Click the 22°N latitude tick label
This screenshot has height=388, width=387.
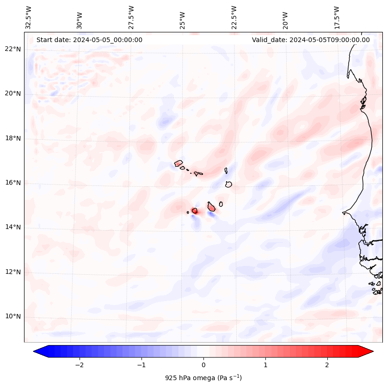click(x=12, y=49)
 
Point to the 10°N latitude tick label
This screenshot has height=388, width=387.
click(x=12, y=316)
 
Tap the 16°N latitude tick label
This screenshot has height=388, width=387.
click(x=12, y=183)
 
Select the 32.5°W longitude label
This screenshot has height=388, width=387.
click(x=29, y=18)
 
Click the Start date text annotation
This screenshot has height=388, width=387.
click(x=89, y=40)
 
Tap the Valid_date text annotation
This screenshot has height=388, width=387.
click(x=311, y=40)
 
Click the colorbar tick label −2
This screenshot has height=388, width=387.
click(x=79, y=365)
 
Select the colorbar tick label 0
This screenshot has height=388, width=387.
click(x=203, y=365)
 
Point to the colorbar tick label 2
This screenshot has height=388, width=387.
click(x=327, y=365)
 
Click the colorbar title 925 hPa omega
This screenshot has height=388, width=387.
click(x=203, y=378)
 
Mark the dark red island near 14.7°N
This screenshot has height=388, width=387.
click(x=195, y=211)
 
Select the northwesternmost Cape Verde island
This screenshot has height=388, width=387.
click(x=178, y=163)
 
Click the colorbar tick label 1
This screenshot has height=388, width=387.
click(x=265, y=365)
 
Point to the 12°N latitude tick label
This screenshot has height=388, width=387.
click(x=12, y=272)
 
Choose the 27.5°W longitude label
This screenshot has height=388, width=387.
click(x=131, y=18)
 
